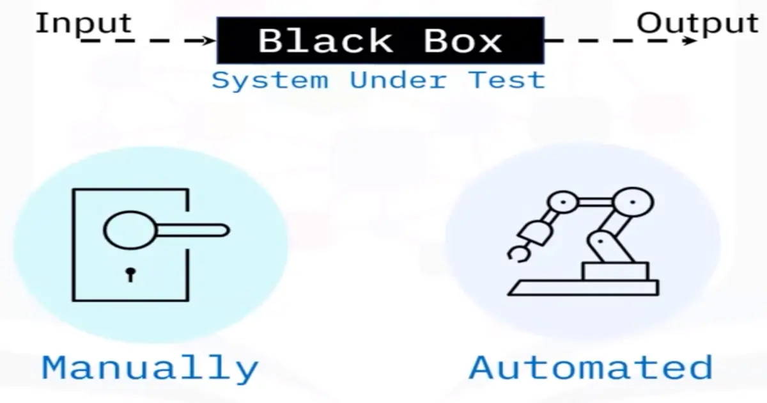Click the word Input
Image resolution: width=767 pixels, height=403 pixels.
tap(83, 24)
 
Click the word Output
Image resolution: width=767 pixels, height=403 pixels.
tap(697, 24)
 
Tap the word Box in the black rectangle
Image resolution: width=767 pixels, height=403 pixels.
tap(463, 41)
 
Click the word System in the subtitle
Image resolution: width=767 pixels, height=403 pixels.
tap(270, 81)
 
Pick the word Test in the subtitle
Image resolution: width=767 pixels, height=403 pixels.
tap(507, 81)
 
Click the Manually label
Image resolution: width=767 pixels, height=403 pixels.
tap(150, 368)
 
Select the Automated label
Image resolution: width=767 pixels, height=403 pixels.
tap(591, 368)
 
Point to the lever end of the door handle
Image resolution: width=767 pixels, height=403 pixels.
tap(217, 230)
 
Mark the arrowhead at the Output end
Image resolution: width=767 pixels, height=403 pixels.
tap(690, 41)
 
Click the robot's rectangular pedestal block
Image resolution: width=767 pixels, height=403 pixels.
tap(615, 271)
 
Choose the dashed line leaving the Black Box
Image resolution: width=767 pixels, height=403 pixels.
tap(614, 41)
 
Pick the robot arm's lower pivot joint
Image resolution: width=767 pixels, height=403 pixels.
tap(601, 244)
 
